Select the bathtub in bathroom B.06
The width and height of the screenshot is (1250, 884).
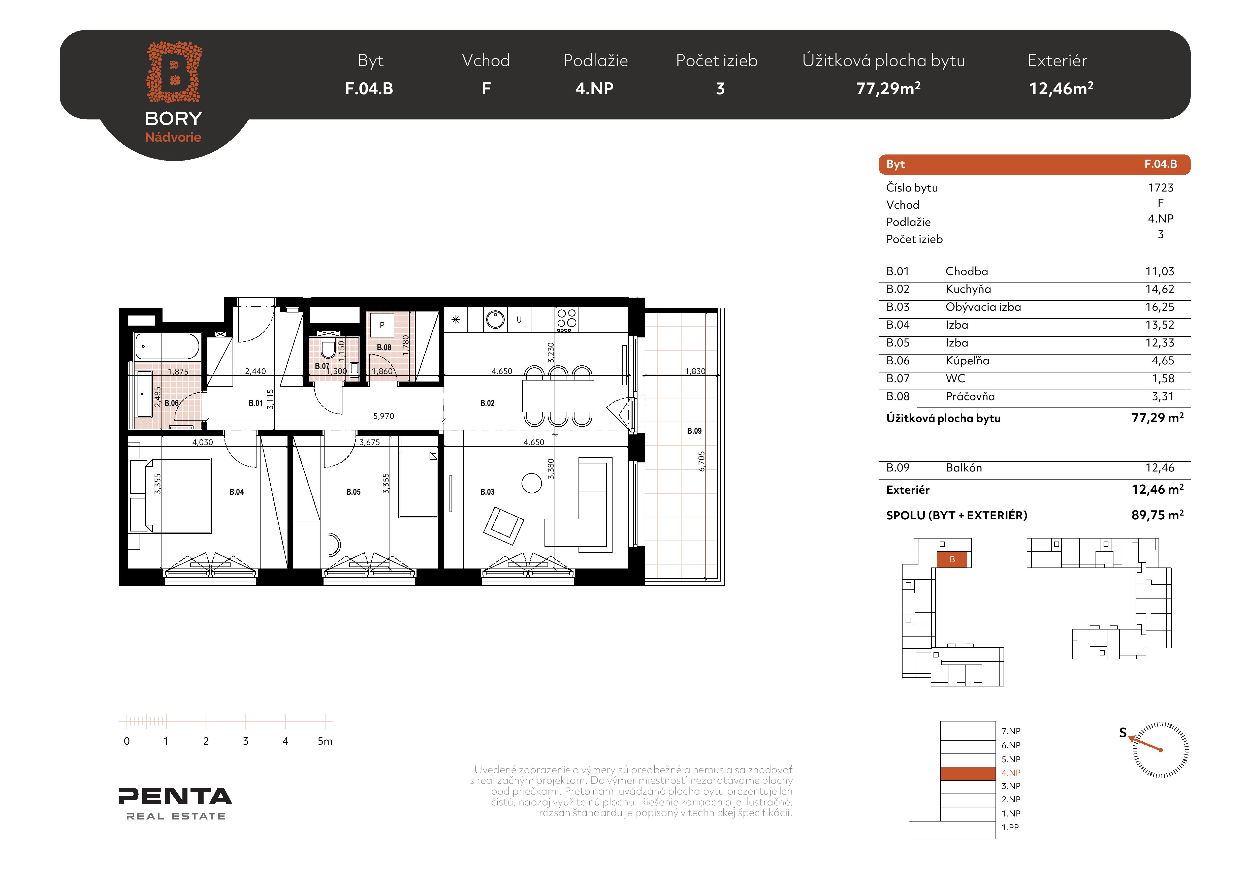(x=167, y=346)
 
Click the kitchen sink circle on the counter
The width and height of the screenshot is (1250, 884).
(x=495, y=319)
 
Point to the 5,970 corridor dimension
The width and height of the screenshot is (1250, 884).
(x=383, y=416)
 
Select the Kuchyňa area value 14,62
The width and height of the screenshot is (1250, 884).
(x=1160, y=289)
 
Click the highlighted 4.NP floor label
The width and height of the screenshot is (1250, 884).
(x=1011, y=772)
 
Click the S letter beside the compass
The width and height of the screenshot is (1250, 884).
(x=1123, y=733)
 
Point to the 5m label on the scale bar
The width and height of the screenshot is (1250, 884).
(x=325, y=741)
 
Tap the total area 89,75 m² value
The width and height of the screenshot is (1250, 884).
(x=1158, y=515)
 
